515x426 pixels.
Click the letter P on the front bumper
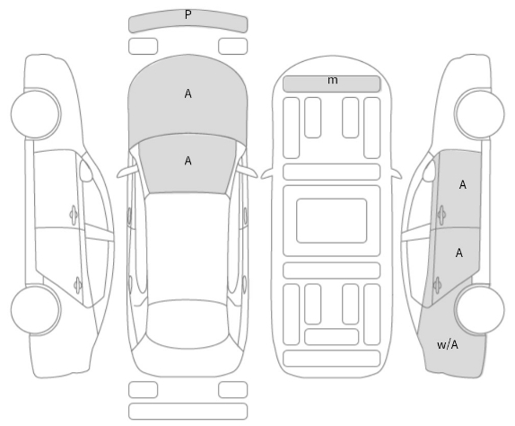pyautogui.click(x=188, y=14)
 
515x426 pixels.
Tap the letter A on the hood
pyautogui.click(x=188, y=94)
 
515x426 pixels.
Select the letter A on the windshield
pyautogui.click(x=188, y=161)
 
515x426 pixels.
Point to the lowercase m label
pyautogui.click(x=333, y=80)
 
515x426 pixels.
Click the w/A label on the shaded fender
pyautogui.click(x=448, y=345)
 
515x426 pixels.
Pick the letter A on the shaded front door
pyautogui.click(x=463, y=185)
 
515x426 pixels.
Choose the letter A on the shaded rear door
pyautogui.click(x=459, y=253)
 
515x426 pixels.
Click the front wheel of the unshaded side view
pyautogui.click(x=36, y=113)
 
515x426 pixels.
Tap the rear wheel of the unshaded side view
pyautogui.click(x=36, y=309)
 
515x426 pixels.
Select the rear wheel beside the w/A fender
pyautogui.click(x=479, y=309)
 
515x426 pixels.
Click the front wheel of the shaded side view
pyautogui.click(x=479, y=113)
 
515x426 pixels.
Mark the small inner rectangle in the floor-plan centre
pyautogui.click(x=331, y=221)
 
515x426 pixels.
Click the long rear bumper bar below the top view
pyautogui.click(x=188, y=412)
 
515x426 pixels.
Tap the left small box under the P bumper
pyautogui.click(x=143, y=46)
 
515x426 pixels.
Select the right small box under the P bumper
pyautogui.click(x=233, y=46)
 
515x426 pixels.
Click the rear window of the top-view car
pyautogui.click(x=188, y=324)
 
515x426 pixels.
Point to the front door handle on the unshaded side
pyautogui.click(x=74, y=215)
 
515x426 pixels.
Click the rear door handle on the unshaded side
pyautogui.click(x=77, y=285)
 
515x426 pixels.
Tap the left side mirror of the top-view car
pyautogui.click(x=127, y=172)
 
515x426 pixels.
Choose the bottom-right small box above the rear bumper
pyautogui.click(x=233, y=390)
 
